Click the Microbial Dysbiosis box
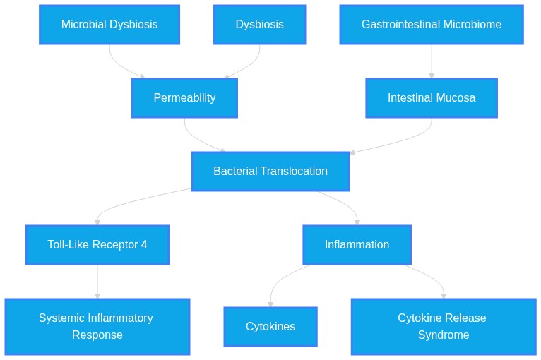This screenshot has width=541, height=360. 109,25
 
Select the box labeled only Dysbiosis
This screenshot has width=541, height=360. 259,25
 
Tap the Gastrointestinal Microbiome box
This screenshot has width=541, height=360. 432,25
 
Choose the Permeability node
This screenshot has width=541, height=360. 184,98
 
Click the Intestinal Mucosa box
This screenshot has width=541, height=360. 432,98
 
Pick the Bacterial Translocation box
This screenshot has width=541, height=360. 270,172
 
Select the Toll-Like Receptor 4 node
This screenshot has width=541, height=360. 97,245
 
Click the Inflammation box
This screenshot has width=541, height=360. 357,245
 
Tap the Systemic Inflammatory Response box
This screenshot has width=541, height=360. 97,327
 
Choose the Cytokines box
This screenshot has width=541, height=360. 270,327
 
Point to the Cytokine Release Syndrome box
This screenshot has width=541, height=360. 444,327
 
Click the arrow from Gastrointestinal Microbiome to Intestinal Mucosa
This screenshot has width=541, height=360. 432,61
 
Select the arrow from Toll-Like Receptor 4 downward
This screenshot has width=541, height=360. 97,282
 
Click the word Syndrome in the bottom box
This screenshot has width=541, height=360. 444,335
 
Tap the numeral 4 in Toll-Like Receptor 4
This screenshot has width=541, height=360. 144,244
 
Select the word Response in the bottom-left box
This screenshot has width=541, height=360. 97,335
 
